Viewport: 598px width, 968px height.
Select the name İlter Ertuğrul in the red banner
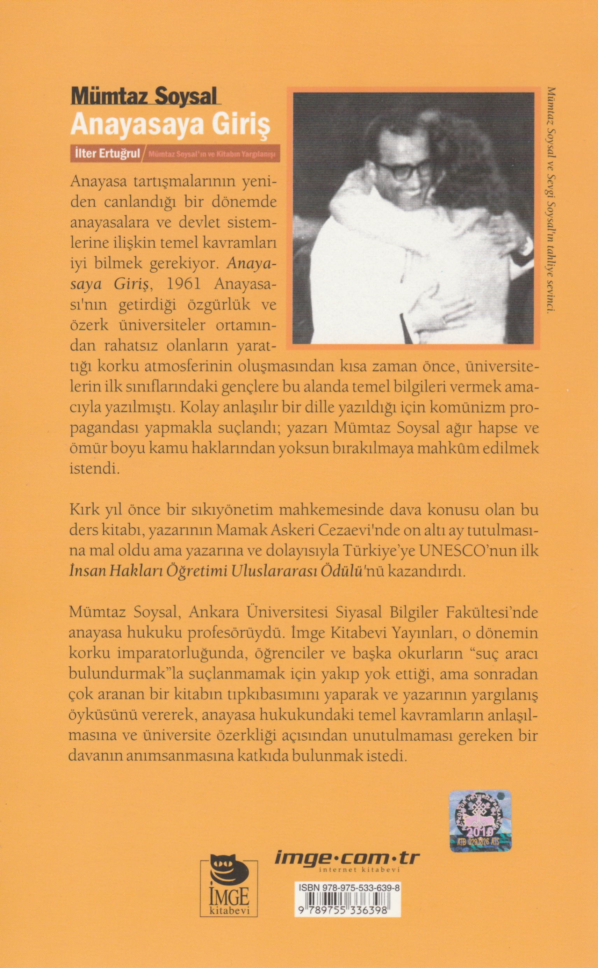(x=106, y=154)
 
